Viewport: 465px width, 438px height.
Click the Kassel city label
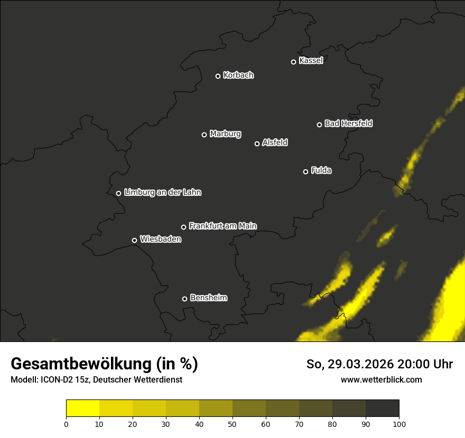point(311,61)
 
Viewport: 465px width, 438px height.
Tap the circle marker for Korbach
point(218,76)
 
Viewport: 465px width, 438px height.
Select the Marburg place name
point(225,134)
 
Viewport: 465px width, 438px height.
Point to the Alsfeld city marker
point(257,144)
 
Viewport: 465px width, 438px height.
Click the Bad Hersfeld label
point(348,123)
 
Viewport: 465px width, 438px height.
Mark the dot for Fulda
point(305,172)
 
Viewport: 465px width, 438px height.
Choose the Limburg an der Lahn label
point(163,193)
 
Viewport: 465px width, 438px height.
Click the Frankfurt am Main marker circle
point(184,227)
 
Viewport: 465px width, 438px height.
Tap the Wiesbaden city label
point(161,240)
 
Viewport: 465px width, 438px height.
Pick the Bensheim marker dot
point(184,299)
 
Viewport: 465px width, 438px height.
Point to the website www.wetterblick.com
point(381,379)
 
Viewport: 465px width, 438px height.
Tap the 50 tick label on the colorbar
point(232,424)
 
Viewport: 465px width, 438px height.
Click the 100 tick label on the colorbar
point(399,424)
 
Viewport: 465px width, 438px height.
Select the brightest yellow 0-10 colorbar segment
point(83,408)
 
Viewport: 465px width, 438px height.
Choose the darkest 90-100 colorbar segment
point(382,408)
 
